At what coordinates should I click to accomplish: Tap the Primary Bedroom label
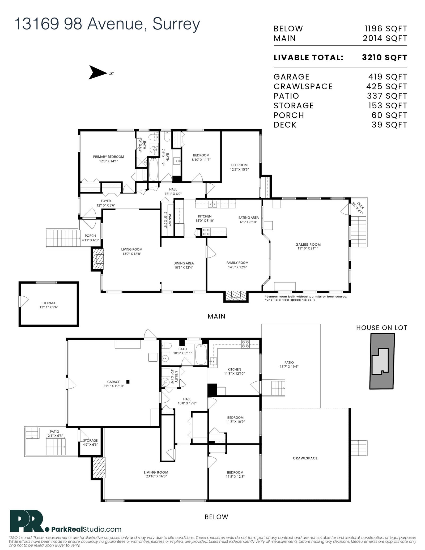pos(108,159)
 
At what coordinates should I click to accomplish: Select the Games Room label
pos(308,246)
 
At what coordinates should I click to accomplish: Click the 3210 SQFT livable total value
pos(384,58)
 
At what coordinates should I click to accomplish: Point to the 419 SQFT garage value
pos(388,77)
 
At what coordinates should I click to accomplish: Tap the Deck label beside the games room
pos(358,208)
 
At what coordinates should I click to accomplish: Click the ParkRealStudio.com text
pos(83,529)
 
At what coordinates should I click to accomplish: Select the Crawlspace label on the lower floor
pos(305,458)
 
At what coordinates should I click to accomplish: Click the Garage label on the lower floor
pos(114,384)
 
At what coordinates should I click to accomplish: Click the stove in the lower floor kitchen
pos(245,344)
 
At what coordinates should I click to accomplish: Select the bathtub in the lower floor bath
pos(201,355)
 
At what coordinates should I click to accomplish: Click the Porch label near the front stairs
pos(90,238)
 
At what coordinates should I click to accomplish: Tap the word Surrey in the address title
pos(176,25)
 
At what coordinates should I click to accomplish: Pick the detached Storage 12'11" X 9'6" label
pos(49,305)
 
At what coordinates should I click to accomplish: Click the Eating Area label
pos(248,220)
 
